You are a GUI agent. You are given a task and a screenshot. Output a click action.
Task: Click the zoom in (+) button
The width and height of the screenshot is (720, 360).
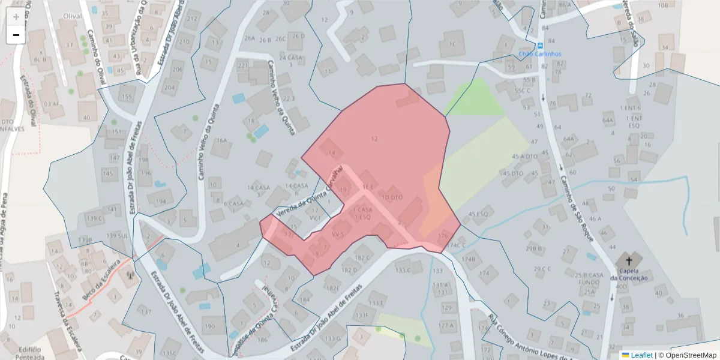(x=16, y=17)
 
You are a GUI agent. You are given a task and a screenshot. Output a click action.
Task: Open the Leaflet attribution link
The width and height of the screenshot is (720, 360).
(x=641, y=355)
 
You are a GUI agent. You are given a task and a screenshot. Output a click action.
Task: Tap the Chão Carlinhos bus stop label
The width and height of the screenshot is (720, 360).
(x=539, y=53)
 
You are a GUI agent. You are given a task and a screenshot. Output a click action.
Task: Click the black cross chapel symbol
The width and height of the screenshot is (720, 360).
(x=629, y=261)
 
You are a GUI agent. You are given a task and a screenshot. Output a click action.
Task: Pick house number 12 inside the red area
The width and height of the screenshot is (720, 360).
(x=374, y=139)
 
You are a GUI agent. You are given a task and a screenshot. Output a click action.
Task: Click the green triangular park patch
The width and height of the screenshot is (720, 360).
(x=475, y=99)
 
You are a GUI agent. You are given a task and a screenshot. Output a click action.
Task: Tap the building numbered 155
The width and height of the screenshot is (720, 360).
(x=126, y=97)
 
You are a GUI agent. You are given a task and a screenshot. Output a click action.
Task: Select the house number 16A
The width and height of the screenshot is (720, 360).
(x=222, y=140)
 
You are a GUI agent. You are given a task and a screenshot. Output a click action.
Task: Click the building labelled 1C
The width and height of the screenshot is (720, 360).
(x=451, y=44)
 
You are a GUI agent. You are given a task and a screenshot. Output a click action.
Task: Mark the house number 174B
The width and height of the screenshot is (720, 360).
(x=469, y=259)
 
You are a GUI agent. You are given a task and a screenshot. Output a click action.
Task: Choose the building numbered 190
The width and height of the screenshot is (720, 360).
(x=209, y=327)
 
